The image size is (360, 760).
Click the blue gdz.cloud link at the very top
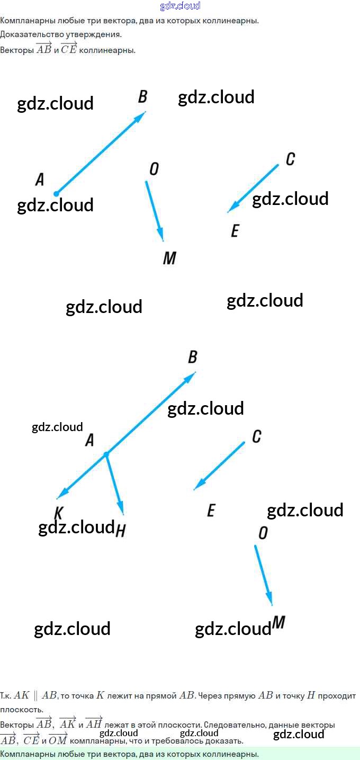click(x=180, y=6)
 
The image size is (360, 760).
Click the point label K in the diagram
click(x=58, y=513)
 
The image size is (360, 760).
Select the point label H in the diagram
click(x=120, y=530)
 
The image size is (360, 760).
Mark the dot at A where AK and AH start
click(x=106, y=454)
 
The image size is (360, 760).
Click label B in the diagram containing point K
click(x=192, y=357)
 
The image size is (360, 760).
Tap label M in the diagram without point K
click(x=169, y=258)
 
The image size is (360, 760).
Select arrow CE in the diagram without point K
click(x=253, y=189)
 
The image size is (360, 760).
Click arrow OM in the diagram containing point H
click(x=263, y=575)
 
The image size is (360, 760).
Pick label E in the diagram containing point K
click(x=211, y=511)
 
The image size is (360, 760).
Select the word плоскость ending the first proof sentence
click(x=18, y=709)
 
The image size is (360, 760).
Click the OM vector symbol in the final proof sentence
click(x=58, y=740)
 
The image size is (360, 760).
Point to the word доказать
click(x=226, y=740)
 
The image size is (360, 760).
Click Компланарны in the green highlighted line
click(x=24, y=754)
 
